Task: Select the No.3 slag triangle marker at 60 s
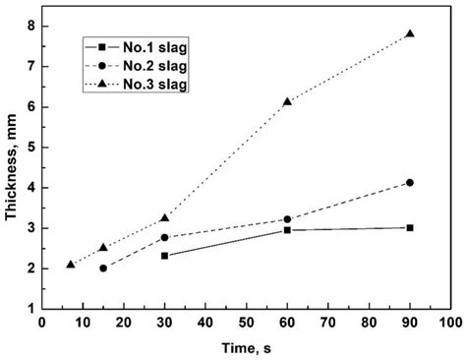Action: (287, 101)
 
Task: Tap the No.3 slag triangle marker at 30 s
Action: (164, 217)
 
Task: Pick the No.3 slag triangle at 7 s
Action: (70, 264)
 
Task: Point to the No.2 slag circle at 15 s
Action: (103, 268)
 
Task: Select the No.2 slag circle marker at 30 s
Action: (164, 237)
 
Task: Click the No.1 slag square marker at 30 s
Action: (164, 256)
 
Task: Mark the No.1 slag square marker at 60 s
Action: (287, 229)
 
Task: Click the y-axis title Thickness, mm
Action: (13, 166)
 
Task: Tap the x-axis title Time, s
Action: (246, 347)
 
